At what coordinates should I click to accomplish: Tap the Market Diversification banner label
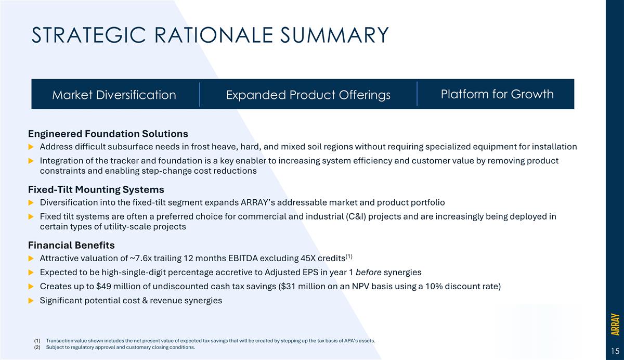pos(114,95)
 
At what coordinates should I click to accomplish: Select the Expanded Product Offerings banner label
pos(308,95)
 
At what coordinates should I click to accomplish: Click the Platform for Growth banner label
pos(497,94)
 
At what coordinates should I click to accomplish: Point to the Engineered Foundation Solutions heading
pos(108,134)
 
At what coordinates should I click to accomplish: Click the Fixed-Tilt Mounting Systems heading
pos(96,189)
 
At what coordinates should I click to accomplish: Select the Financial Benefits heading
pos(71,245)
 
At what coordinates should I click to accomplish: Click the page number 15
pos(614,350)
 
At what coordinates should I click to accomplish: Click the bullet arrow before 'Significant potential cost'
pos(31,301)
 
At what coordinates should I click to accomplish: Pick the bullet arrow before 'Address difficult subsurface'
pos(31,147)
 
